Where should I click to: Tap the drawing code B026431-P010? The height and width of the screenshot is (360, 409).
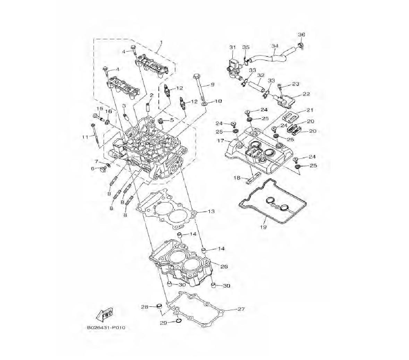click(x=106, y=327)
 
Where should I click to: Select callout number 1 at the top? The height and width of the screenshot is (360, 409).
click(x=161, y=42)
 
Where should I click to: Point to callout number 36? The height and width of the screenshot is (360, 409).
click(x=301, y=34)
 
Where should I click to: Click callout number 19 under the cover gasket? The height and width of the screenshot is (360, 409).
click(x=263, y=227)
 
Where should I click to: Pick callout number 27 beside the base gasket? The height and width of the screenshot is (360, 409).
click(x=241, y=309)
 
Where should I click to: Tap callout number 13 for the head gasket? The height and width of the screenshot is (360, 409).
click(x=211, y=211)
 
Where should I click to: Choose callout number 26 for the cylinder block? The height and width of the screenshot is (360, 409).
click(x=224, y=266)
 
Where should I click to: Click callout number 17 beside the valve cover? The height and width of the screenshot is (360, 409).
click(x=221, y=141)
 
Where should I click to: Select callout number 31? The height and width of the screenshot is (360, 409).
click(x=232, y=47)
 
